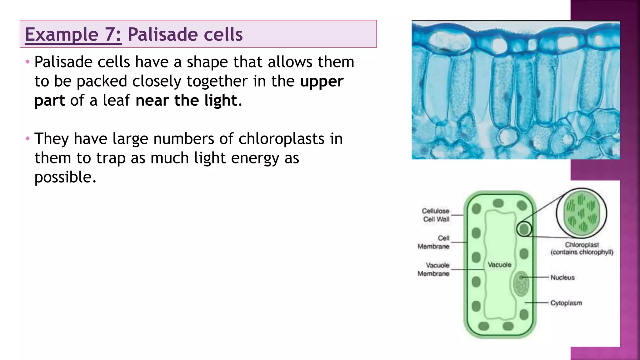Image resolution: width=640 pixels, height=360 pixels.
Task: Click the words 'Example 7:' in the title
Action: coord(73,34)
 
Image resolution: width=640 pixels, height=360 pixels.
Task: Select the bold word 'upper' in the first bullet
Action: coord(322,81)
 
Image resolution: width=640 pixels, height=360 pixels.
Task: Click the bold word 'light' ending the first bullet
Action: coord(221,100)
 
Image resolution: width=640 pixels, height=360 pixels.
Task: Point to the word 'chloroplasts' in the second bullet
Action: coord(281,139)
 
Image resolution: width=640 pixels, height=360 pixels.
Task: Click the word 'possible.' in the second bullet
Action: coord(65,177)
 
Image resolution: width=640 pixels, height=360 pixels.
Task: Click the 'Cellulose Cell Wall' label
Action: coord(436,215)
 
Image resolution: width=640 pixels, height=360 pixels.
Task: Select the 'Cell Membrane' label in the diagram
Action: coord(434,242)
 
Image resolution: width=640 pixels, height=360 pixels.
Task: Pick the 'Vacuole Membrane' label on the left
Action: coord(434,269)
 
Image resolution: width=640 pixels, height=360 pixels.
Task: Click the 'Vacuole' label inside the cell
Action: coord(499,265)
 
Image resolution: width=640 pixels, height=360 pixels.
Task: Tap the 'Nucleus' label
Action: coord(562,277)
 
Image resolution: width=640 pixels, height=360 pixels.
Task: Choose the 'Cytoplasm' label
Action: coord(566,303)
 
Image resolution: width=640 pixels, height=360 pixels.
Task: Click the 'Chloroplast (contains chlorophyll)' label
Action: coord(582,248)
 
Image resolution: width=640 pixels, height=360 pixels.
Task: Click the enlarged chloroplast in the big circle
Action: coord(582,213)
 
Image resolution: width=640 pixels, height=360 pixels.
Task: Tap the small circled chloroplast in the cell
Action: coord(524,229)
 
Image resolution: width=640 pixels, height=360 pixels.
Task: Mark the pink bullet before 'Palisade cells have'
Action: coord(27,62)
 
